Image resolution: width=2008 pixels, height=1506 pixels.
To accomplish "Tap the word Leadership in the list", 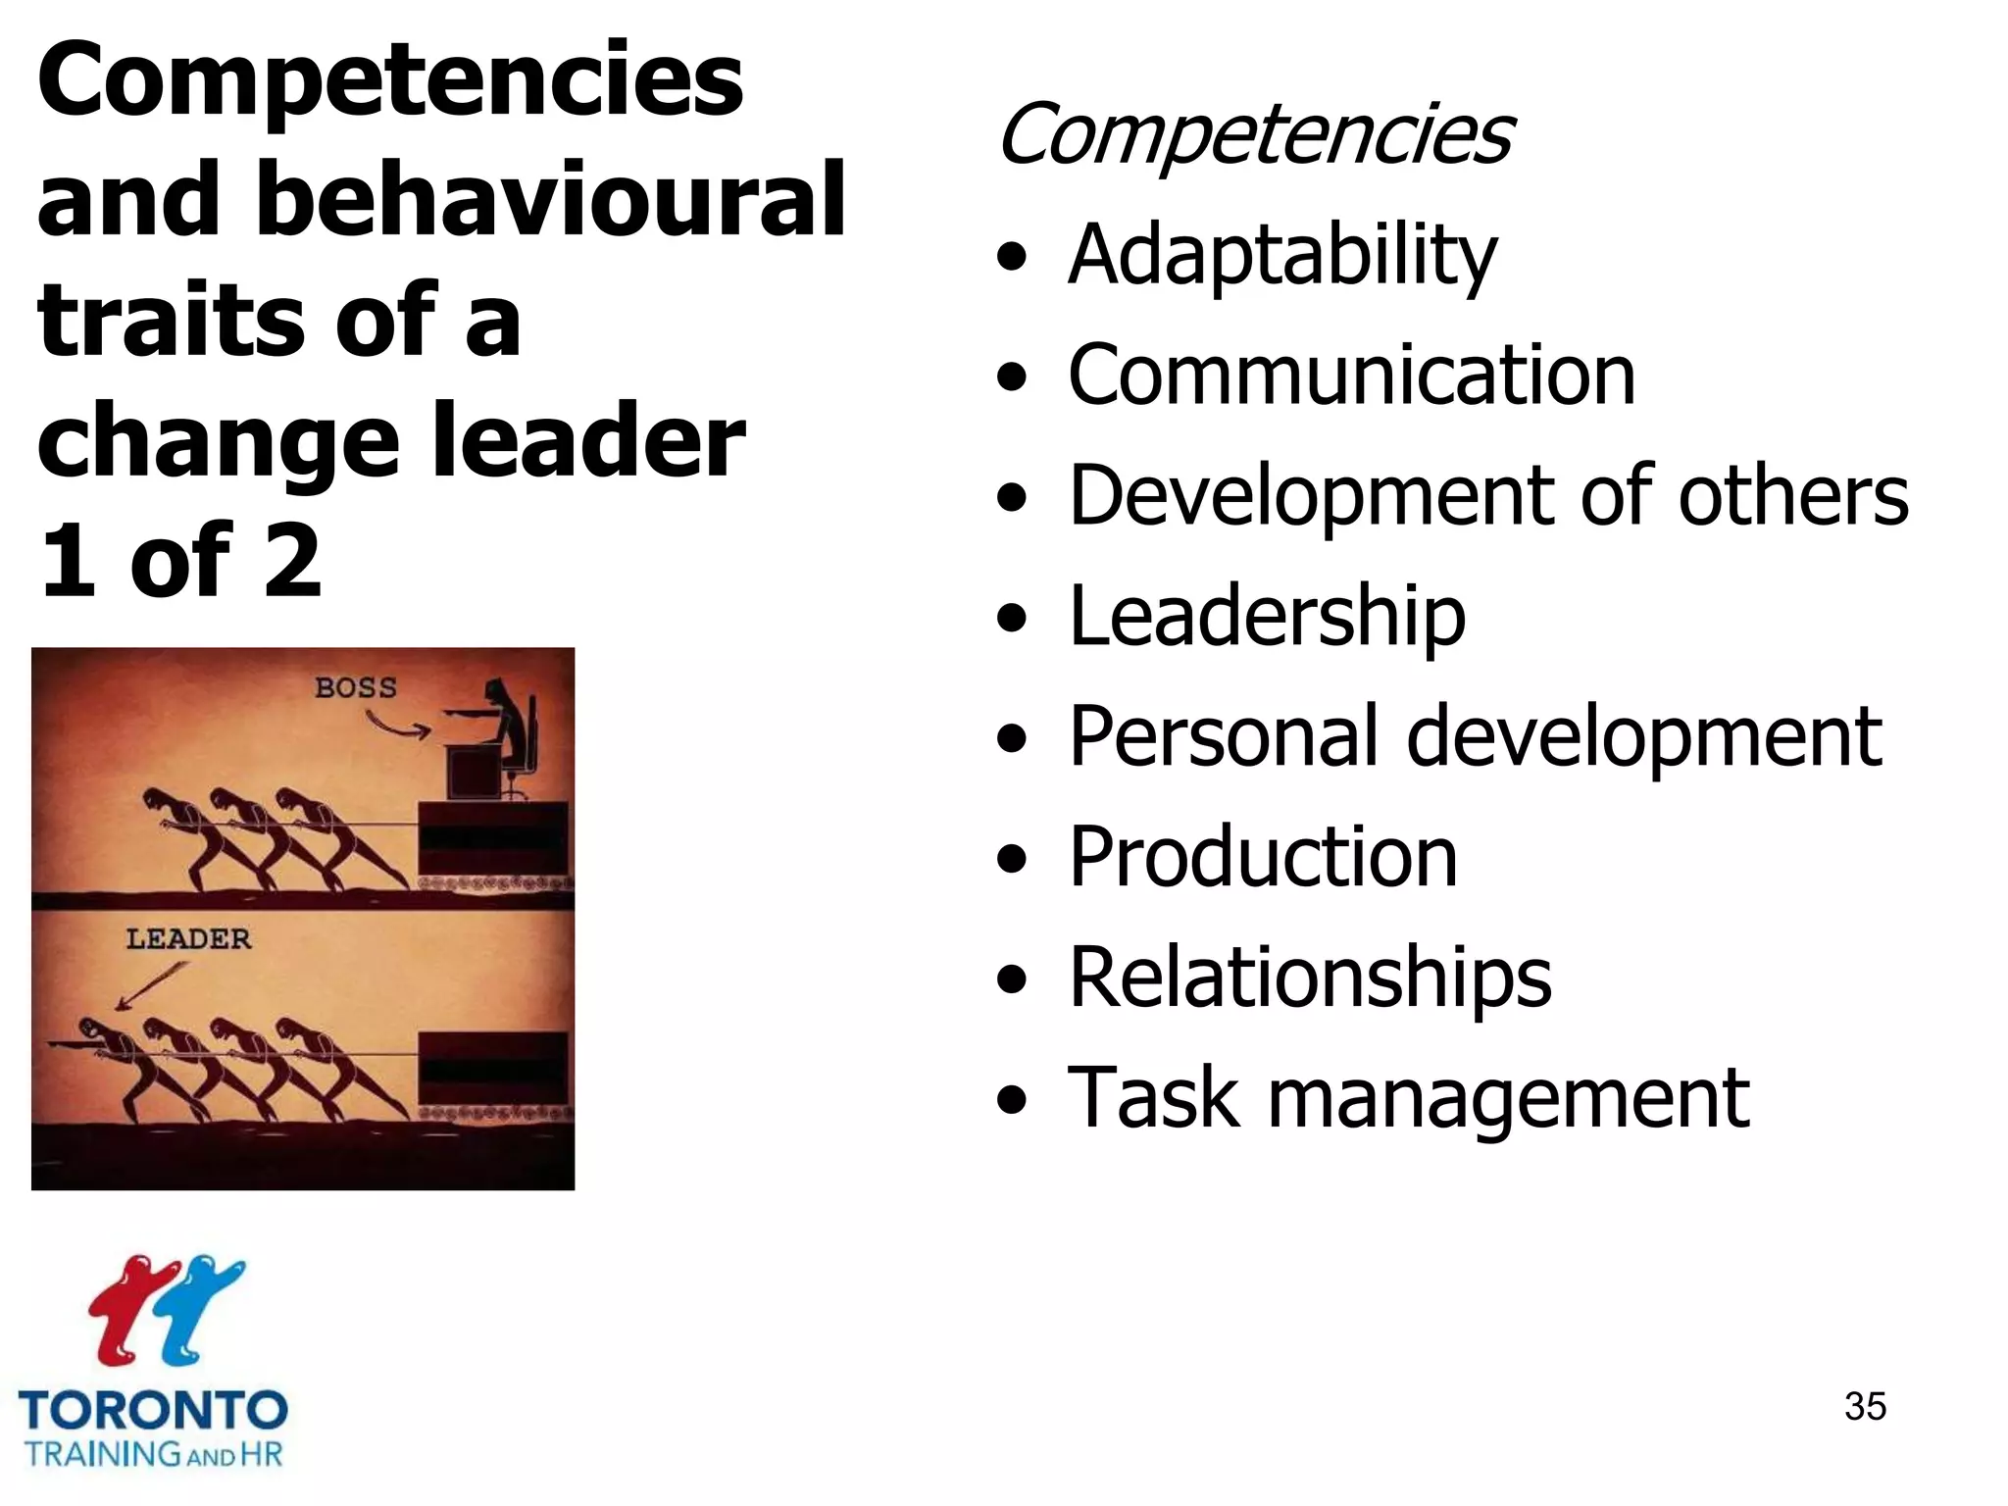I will coord(1267,616).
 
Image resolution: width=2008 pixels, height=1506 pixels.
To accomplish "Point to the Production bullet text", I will coord(1263,857).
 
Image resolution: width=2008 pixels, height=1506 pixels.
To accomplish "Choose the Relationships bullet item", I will coord(1310,978).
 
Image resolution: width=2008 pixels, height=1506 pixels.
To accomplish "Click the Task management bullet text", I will coord(1408,1098).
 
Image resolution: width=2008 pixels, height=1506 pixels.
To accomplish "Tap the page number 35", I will coord(1865,1406).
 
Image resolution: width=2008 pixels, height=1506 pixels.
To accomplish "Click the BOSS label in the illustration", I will coord(356,687).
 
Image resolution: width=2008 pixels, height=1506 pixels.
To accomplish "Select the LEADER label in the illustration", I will coord(188,938).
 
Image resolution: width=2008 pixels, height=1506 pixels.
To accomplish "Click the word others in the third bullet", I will coord(1793,495).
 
